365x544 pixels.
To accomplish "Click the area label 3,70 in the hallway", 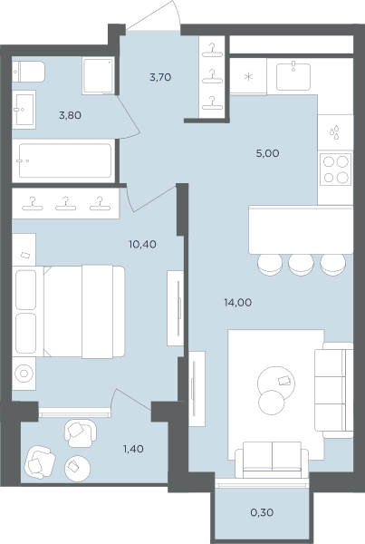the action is [160, 77].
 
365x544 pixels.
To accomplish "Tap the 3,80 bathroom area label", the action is [70, 115].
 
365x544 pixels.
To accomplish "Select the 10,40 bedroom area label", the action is [142, 244].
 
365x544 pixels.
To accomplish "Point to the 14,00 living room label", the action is [238, 303].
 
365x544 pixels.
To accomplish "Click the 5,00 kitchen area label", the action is [267, 153].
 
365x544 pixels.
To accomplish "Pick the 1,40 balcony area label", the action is [133, 449].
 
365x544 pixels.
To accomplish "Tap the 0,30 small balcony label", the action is [262, 512].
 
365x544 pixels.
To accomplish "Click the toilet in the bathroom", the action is [28, 72].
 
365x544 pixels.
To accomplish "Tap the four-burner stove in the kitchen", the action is [335, 170].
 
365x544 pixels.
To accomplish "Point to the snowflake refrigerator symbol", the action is [248, 77].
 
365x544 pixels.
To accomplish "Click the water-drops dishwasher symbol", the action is [334, 132].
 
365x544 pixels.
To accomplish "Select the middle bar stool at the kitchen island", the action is [301, 265].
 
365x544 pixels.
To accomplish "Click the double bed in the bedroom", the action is [84, 312].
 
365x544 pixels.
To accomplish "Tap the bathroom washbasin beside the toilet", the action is [24, 110].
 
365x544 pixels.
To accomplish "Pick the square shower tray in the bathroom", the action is [98, 76].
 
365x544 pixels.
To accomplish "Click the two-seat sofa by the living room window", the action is [272, 460].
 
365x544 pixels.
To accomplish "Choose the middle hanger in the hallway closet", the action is [212, 77].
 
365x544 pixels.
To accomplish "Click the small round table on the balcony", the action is [78, 468].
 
